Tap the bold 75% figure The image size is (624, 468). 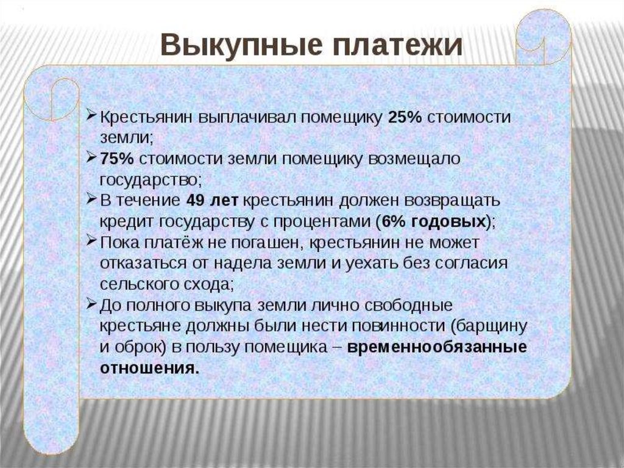tap(116, 159)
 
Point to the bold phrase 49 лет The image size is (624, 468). tap(212, 200)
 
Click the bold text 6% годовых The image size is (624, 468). tap(434, 221)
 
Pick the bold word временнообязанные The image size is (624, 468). tap(437, 347)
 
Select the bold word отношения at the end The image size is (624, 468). tap(149, 367)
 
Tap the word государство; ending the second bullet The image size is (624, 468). tap(151, 180)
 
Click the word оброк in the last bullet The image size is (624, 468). tap(137, 347)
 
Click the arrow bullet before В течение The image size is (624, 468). tap(91, 198)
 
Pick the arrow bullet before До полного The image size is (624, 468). tap(91, 304)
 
